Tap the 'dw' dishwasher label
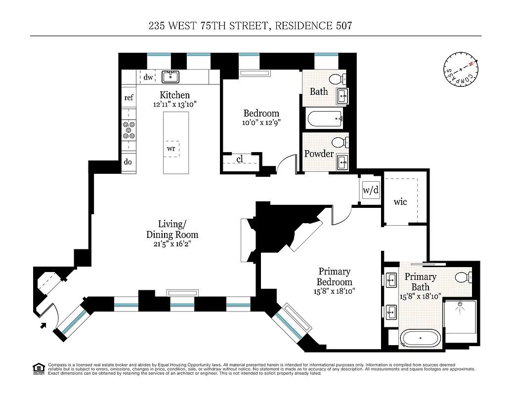point(148,78)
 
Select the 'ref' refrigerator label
point(128,98)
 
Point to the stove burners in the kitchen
point(128,130)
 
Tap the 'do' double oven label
point(128,162)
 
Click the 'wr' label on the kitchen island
point(171,148)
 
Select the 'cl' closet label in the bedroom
point(239,159)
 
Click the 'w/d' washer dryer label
point(370,190)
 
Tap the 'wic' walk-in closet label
point(400,201)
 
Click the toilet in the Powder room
point(339,143)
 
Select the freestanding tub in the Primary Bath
point(420,338)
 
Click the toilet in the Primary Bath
point(463,276)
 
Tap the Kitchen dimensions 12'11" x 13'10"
point(174,104)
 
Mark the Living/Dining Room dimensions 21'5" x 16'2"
point(172,244)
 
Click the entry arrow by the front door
point(43,325)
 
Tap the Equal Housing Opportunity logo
point(38,368)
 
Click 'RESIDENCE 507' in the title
point(313,26)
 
